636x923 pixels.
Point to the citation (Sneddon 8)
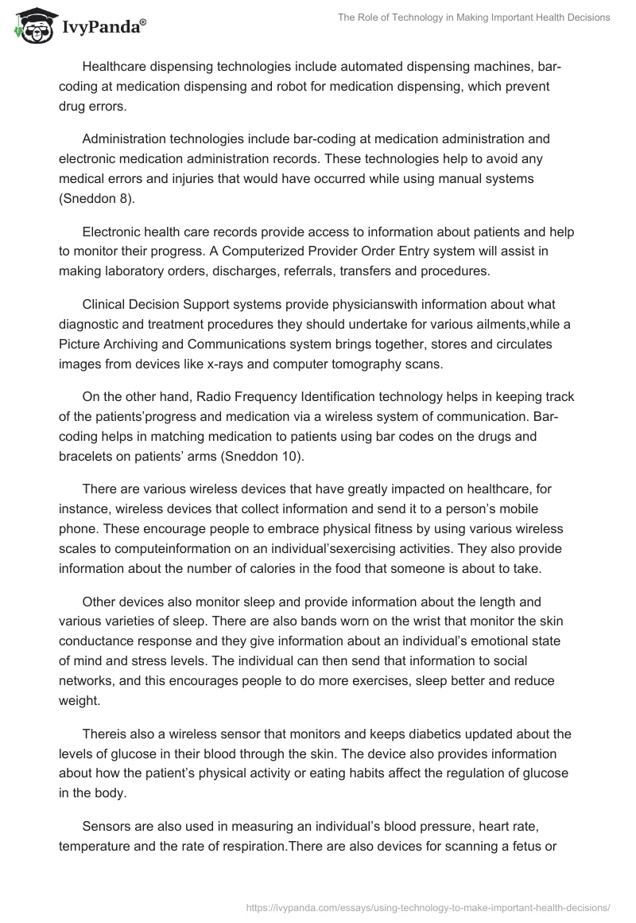[97, 199]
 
